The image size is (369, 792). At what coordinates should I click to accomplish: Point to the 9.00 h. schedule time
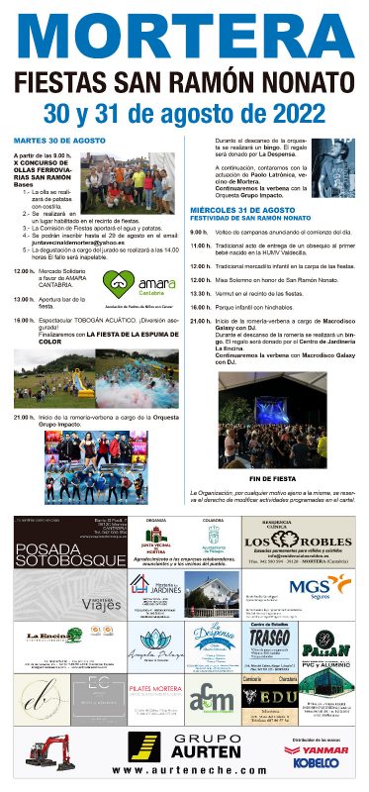pos(199,232)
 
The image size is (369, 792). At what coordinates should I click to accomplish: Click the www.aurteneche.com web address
pos(187,769)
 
